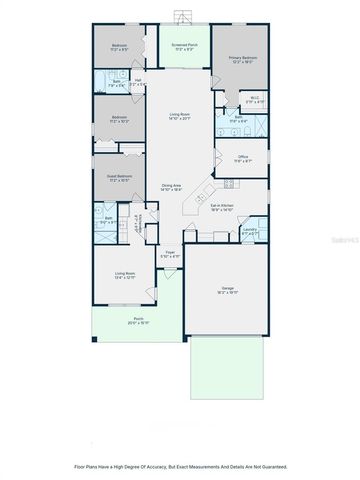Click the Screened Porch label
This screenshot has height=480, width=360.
click(x=184, y=46)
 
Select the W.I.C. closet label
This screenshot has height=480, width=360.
click(x=256, y=101)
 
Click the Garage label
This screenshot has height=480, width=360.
click(x=228, y=291)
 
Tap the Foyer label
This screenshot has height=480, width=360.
click(x=171, y=254)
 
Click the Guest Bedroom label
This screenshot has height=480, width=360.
click(x=118, y=177)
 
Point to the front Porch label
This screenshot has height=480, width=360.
click(x=138, y=322)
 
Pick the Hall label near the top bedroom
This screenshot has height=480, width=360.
click(x=139, y=82)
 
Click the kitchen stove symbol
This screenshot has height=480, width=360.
click(x=227, y=183)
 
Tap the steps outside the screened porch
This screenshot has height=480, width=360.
click(x=181, y=15)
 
